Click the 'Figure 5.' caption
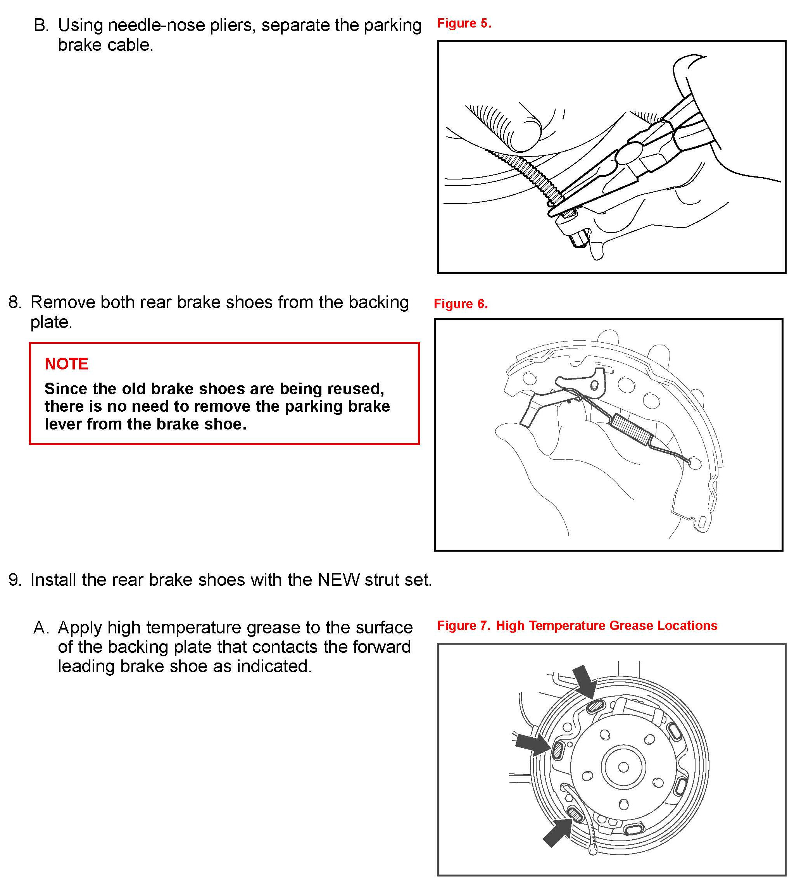[x=464, y=23]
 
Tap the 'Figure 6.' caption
[x=461, y=304]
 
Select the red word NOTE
[x=66, y=364]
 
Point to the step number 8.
[x=14, y=302]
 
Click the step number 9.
[x=14, y=580]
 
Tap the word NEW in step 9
[x=338, y=580]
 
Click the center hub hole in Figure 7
[x=623, y=767]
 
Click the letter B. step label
[x=41, y=25]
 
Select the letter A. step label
[x=41, y=628]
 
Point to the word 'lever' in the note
[x=63, y=424]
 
